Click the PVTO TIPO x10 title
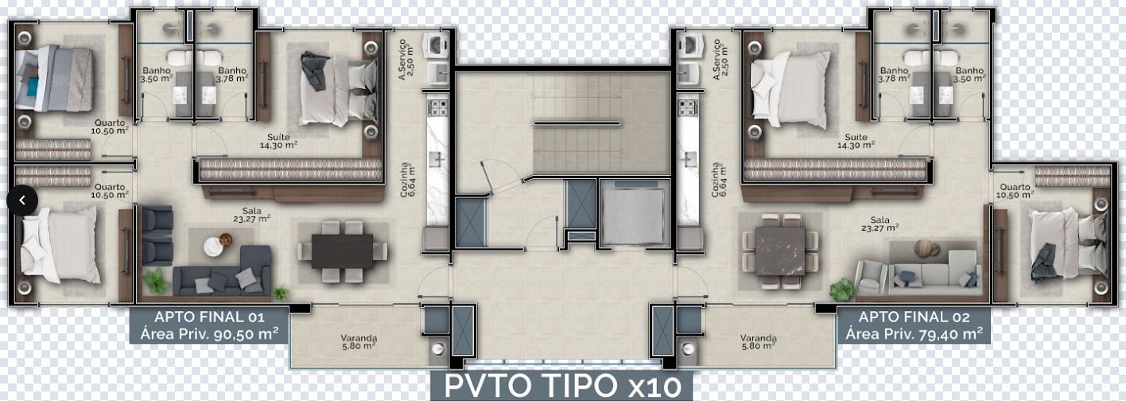click(x=562, y=386)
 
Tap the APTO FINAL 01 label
click(x=209, y=317)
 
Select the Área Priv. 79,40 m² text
click(x=914, y=333)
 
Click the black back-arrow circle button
click(x=22, y=200)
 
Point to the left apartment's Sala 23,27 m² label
click(x=252, y=215)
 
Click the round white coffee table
click(x=213, y=247)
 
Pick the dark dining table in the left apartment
click(x=342, y=251)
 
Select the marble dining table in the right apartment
click(x=780, y=251)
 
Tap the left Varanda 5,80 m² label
click(x=359, y=342)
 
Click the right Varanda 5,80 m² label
click(x=758, y=342)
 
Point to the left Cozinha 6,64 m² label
click(x=408, y=180)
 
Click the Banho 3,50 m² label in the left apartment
click(x=157, y=75)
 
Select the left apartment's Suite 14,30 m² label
click(x=278, y=141)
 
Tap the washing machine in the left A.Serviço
click(x=435, y=46)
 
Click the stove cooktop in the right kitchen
click(x=687, y=107)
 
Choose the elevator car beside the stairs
click(x=635, y=214)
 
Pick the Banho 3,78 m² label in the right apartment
click(x=895, y=75)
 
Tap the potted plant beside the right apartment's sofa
click(x=841, y=290)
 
